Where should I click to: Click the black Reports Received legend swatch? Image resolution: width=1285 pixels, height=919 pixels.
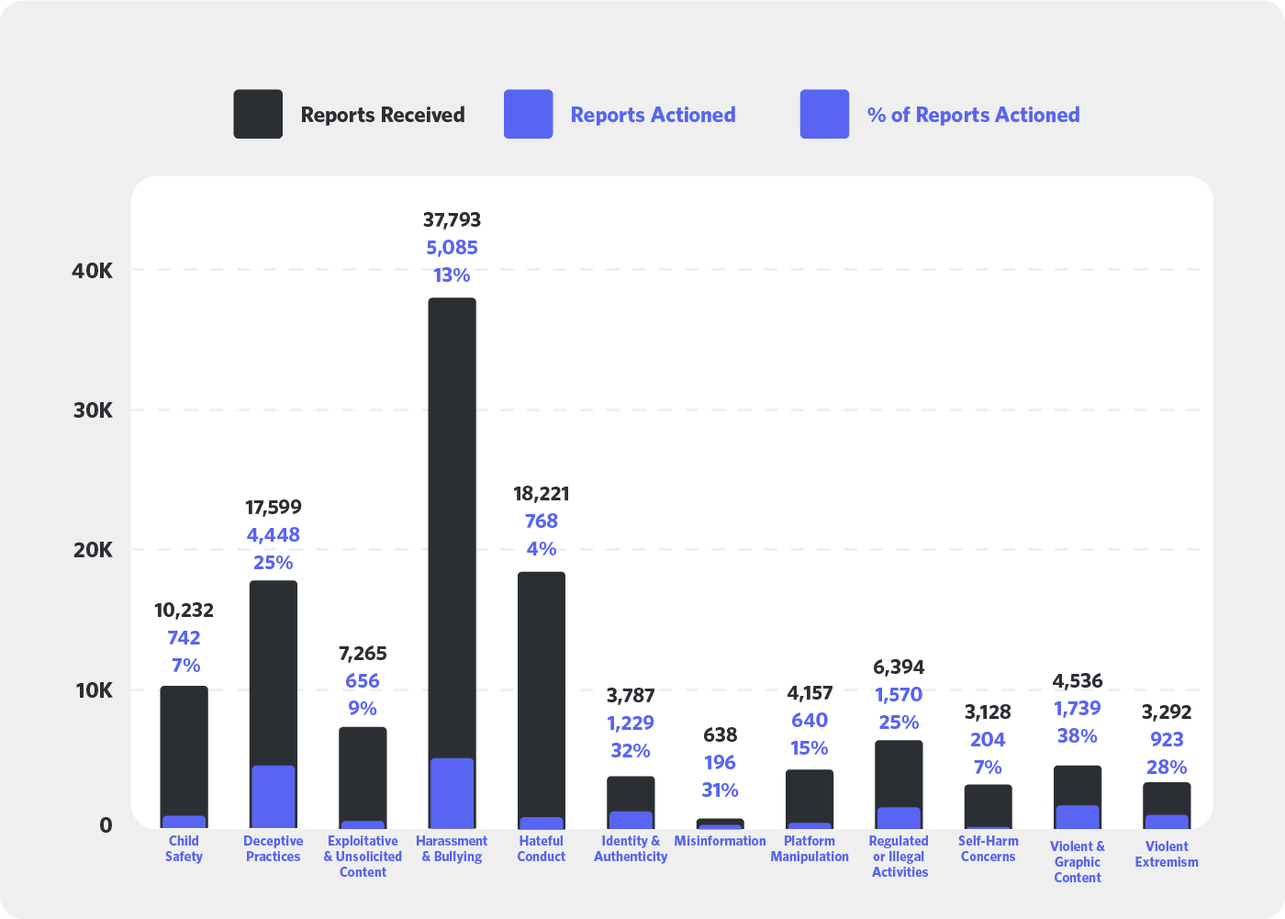(x=258, y=114)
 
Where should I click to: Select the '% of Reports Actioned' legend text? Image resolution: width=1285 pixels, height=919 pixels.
(x=973, y=115)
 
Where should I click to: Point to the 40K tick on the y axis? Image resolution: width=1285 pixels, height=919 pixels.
(x=93, y=271)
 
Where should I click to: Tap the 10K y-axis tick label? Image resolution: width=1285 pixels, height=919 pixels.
(x=93, y=690)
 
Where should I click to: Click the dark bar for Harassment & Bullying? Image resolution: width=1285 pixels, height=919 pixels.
(x=452, y=523)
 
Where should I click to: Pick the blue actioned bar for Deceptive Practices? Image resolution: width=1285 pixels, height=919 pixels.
(x=274, y=796)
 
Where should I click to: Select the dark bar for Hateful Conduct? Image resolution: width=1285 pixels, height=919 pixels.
(x=542, y=689)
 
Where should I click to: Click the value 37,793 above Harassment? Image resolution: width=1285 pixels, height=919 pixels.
(x=452, y=220)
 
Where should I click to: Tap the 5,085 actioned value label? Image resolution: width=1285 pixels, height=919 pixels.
(x=452, y=248)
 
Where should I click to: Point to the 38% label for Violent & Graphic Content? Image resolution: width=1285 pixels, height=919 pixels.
(x=1077, y=736)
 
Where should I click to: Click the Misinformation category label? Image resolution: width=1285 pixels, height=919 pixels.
(x=720, y=841)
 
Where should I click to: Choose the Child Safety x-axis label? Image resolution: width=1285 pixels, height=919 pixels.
(x=184, y=848)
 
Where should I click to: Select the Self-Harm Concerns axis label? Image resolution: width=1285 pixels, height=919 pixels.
(x=988, y=848)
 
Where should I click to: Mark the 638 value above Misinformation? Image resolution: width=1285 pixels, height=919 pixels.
(x=720, y=734)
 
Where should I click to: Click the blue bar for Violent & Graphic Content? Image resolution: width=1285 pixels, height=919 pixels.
(x=1078, y=816)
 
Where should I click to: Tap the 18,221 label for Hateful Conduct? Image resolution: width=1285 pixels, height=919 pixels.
(x=542, y=494)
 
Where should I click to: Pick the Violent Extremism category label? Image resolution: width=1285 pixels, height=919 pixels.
(x=1167, y=854)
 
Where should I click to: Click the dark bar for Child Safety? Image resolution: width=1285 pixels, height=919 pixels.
(x=184, y=748)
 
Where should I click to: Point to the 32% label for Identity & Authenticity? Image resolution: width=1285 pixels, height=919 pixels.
(x=631, y=751)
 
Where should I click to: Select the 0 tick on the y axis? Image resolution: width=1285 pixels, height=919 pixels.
(x=106, y=825)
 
